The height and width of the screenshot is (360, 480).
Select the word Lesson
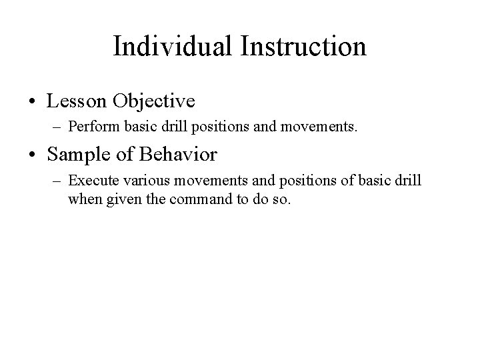pos(79,101)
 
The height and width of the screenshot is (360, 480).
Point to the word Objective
pos(154,101)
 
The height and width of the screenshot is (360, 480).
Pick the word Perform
pos(89,125)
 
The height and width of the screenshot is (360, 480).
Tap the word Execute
pos(90,180)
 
